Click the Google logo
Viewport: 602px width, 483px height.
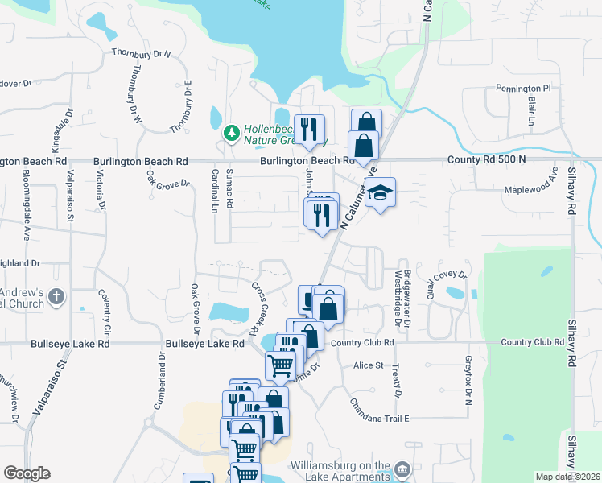click(27, 473)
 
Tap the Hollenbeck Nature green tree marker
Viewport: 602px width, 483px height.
click(232, 131)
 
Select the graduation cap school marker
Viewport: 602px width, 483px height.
click(381, 193)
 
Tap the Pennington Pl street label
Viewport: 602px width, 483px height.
click(523, 88)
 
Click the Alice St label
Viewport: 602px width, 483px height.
click(369, 365)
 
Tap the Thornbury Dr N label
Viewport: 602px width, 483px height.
click(142, 54)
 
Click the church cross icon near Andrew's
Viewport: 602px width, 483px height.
click(56, 297)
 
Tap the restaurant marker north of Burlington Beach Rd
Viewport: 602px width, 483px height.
click(309, 129)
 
